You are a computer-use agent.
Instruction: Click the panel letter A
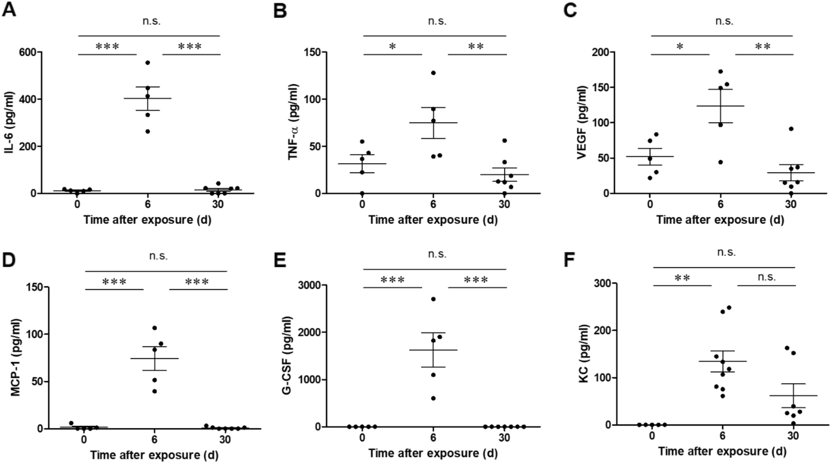point(9,9)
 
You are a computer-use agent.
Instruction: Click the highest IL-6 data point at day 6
point(147,63)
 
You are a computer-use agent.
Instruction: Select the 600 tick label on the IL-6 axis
point(29,52)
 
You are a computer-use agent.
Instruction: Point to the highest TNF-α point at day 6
point(434,73)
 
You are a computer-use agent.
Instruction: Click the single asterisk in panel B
point(392,46)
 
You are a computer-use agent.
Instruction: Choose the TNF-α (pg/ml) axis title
point(294,122)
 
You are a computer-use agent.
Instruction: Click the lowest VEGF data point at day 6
point(720,162)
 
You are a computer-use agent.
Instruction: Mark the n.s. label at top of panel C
point(724,21)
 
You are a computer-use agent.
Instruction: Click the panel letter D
point(9,260)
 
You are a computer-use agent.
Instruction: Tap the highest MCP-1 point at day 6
point(155,328)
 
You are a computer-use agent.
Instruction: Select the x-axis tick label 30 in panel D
point(225,440)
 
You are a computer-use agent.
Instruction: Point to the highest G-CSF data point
point(434,299)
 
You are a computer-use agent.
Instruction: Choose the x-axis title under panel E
point(433,453)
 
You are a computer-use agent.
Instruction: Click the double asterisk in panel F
point(682,278)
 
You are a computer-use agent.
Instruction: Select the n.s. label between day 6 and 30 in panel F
point(766,277)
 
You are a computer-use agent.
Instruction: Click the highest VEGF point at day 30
point(791,129)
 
